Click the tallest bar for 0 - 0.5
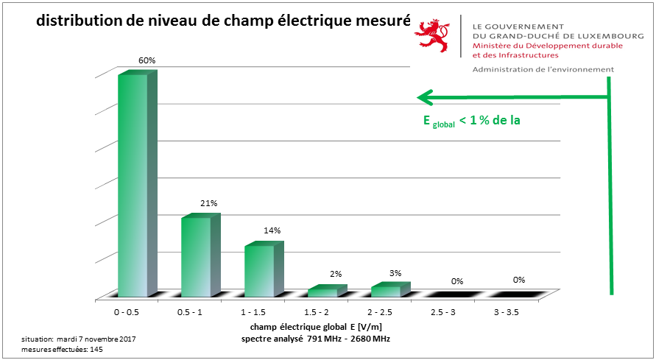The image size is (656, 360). (x=133, y=184)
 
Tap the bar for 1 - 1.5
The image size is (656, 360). (x=259, y=270)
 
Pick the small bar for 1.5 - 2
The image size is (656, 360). (x=322, y=292)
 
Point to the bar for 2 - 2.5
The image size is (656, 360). (x=386, y=290)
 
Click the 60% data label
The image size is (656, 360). (x=147, y=60)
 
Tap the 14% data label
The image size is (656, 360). (x=272, y=230)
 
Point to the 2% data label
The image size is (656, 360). (x=336, y=274)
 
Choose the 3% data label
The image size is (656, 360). (x=395, y=273)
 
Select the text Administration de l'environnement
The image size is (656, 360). (x=543, y=69)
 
